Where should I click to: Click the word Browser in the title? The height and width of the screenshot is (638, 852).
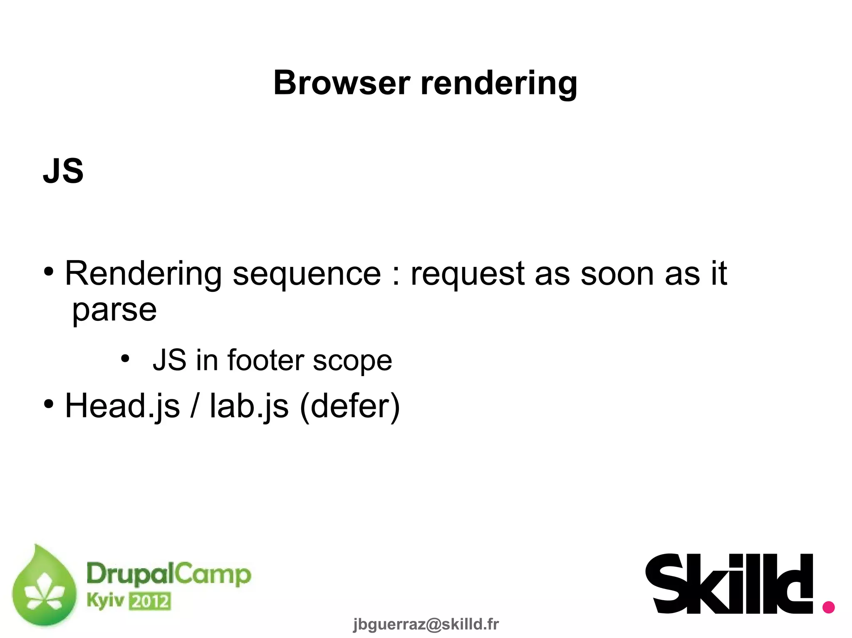342,83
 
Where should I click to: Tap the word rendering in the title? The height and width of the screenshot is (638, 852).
499,84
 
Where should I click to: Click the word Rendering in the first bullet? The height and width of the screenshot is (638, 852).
144,274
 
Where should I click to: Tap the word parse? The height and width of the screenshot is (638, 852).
114,311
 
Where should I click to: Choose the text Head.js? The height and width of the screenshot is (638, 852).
122,406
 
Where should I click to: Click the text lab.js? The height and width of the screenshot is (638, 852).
249,406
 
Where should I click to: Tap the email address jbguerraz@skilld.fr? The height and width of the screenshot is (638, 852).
426,624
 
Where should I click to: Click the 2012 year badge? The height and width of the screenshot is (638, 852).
150,601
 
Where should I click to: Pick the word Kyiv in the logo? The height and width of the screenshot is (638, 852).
105,601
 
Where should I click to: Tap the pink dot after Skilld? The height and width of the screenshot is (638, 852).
828,607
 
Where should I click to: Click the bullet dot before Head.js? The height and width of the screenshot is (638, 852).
49,404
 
